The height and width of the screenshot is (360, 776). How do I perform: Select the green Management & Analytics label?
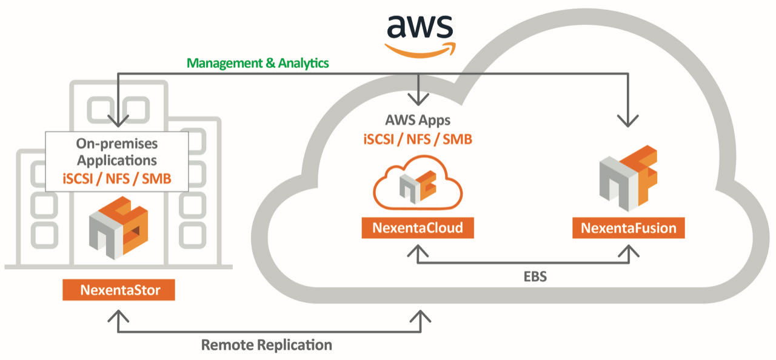click(258, 62)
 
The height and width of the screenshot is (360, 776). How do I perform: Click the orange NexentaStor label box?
click(119, 290)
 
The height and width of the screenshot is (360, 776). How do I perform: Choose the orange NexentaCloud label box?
click(417, 228)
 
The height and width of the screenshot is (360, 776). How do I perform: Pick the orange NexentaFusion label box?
click(629, 228)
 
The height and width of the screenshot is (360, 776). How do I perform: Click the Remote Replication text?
click(267, 345)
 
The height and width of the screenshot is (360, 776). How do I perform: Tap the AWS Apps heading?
click(417, 120)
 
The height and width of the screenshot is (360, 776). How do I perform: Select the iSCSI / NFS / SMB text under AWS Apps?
click(417, 139)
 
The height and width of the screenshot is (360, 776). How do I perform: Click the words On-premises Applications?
click(116, 152)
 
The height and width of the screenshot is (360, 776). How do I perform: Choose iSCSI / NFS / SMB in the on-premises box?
click(116, 178)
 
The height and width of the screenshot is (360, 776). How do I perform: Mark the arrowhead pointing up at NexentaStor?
click(118, 316)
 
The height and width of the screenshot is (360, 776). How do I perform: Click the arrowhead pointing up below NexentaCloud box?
click(417, 249)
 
